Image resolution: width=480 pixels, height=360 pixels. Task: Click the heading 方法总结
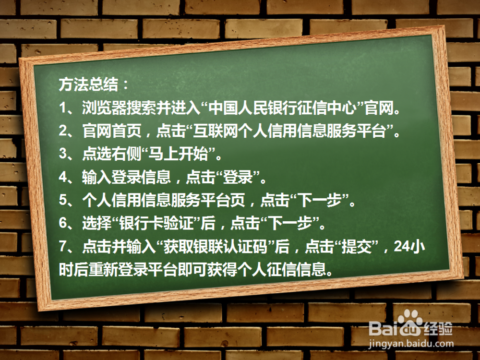point(88,84)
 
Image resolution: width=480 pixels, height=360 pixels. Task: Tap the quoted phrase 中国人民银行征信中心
point(283,108)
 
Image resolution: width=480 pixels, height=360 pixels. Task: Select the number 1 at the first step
point(63,108)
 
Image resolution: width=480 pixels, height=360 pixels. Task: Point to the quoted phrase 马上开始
point(178,154)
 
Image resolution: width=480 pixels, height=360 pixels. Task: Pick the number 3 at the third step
point(63,154)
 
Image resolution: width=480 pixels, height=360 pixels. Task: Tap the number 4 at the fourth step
point(63,177)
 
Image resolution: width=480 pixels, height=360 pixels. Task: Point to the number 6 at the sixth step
point(63,223)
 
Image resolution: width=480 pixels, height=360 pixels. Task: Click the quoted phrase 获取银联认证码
point(216,247)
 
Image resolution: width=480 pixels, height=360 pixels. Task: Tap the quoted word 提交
point(357,247)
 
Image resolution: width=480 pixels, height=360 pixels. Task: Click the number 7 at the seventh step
point(63,246)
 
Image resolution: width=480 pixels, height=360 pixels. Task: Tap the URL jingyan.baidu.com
point(411,344)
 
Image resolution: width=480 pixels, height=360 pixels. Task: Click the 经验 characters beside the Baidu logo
point(438,329)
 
